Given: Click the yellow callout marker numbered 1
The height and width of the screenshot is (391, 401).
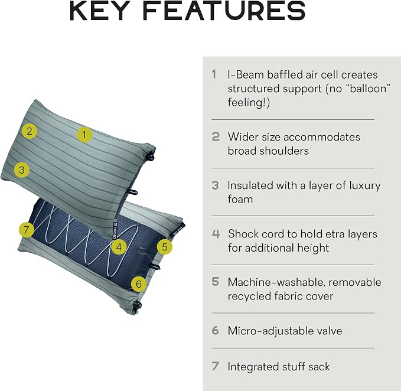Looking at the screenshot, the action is pyautogui.click(x=84, y=135).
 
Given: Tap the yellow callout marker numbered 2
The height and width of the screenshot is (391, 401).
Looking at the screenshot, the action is pyautogui.click(x=30, y=131).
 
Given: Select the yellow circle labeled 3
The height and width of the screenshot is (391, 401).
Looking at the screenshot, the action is pyautogui.click(x=22, y=170).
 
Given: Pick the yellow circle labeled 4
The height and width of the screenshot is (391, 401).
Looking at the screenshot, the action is pyautogui.click(x=119, y=247).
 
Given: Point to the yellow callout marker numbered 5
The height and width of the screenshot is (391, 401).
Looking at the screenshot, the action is pyautogui.click(x=164, y=247).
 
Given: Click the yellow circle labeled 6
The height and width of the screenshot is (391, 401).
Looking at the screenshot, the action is pyautogui.click(x=139, y=284).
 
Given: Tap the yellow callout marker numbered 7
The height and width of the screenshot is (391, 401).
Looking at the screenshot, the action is pyautogui.click(x=27, y=230).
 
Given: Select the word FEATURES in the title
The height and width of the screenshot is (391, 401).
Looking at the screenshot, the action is pyautogui.click(x=224, y=11).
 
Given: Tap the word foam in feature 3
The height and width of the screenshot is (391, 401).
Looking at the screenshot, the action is pyautogui.click(x=240, y=199).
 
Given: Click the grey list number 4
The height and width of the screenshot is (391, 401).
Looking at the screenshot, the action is pyautogui.click(x=216, y=234).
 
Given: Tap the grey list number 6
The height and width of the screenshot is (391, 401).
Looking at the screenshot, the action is pyautogui.click(x=216, y=330).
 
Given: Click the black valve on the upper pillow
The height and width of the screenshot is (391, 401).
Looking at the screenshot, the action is pyautogui.click(x=151, y=157).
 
